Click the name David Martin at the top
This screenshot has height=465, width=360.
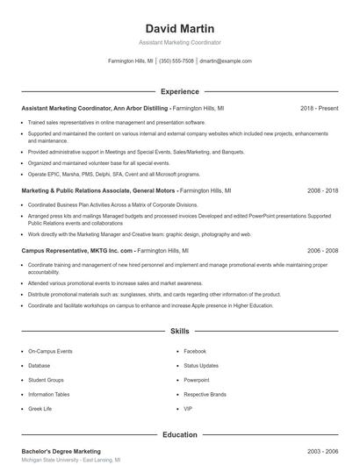(180, 28)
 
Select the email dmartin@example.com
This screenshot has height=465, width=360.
(226, 61)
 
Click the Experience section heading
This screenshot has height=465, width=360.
(180, 91)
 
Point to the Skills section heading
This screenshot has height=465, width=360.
(180, 332)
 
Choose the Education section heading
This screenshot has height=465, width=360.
(180, 434)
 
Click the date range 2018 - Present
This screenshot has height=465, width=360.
(320, 108)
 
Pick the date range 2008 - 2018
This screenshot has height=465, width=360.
(323, 190)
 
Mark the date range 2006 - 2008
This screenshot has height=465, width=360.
(323, 250)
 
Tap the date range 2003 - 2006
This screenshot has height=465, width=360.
(323, 450)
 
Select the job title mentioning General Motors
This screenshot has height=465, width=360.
(98, 190)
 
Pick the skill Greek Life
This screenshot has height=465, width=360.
(40, 408)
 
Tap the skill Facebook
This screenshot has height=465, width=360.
(195, 351)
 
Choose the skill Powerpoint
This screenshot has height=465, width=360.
(197, 380)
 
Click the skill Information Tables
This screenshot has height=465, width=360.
(49, 394)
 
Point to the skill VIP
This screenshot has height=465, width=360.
(188, 408)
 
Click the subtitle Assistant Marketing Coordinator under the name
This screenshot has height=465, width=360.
(180, 42)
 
